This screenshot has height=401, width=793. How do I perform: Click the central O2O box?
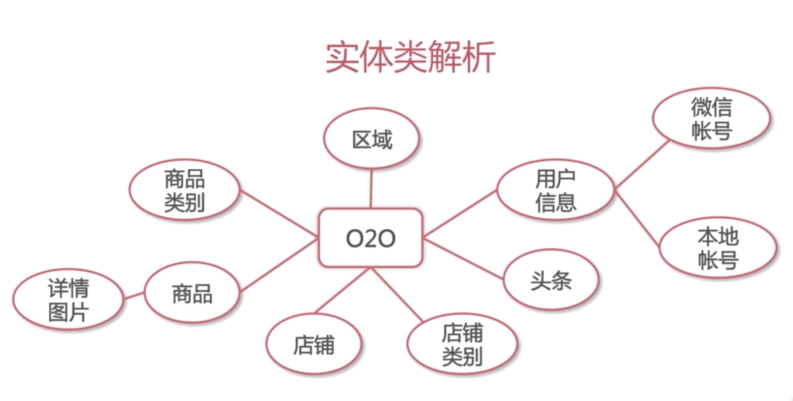tap(370, 238)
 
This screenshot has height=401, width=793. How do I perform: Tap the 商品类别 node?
tap(184, 190)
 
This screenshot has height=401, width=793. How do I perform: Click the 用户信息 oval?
tap(555, 190)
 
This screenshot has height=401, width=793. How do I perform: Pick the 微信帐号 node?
tap(711, 118)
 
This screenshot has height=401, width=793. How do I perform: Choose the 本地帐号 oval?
tap(718, 248)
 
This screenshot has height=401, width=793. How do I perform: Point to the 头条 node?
tap(551, 280)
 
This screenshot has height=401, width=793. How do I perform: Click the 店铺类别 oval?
tap(462, 344)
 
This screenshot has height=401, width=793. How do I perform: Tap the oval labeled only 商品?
tap(192, 293)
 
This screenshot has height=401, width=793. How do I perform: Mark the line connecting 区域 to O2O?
tap(371, 189)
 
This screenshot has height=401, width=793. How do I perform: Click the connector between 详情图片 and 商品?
tap(134, 296)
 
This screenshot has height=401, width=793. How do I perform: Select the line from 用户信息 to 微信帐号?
tap(641, 165)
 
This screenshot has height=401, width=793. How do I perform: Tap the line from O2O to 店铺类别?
tap(397, 295)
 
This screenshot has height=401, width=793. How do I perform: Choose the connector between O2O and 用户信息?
tap(460, 214)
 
